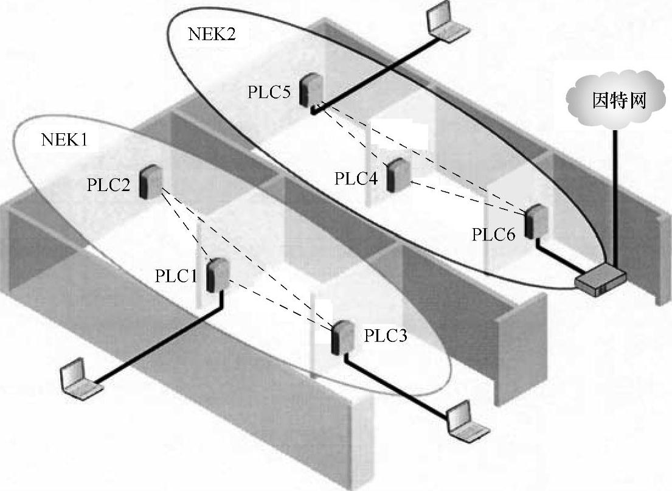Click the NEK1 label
tap(64, 139)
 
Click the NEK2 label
tap(211, 33)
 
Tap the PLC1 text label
tap(176, 276)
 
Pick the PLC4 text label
tap(356, 179)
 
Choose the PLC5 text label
tap(269, 92)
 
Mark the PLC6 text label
tap(494, 234)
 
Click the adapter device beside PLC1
tap(216, 274)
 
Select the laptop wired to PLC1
tap(77, 377)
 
